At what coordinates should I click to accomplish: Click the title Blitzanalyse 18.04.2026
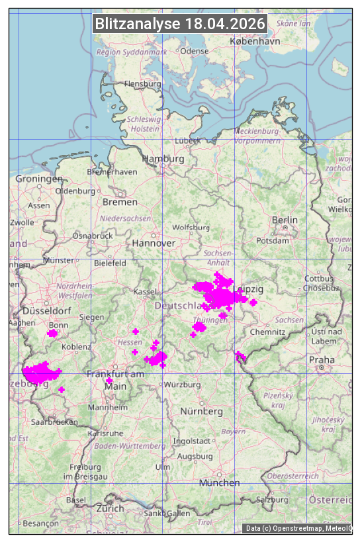tap(180, 24)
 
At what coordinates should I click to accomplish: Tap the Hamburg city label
tap(163, 159)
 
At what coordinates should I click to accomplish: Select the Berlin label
tap(285, 220)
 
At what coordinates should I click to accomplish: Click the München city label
tap(219, 483)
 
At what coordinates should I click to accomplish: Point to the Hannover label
tap(154, 244)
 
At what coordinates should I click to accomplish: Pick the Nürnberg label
tap(202, 412)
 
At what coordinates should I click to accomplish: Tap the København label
tap(255, 41)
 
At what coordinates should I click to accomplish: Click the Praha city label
tap(322, 360)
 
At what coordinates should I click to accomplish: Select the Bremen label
tap(120, 202)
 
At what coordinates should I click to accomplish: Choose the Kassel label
tap(144, 292)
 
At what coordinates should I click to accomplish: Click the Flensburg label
tap(142, 84)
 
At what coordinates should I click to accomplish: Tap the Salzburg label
tap(273, 500)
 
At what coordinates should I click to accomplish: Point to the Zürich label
tap(110, 509)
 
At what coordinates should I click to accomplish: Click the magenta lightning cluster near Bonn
tap(52, 334)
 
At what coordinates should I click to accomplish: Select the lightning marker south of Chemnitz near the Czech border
tap(240, 357)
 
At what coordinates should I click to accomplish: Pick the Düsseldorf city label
tap(46, 311)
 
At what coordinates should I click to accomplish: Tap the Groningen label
tap(39, 179)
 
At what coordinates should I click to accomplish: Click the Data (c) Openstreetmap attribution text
tap(298, 528)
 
